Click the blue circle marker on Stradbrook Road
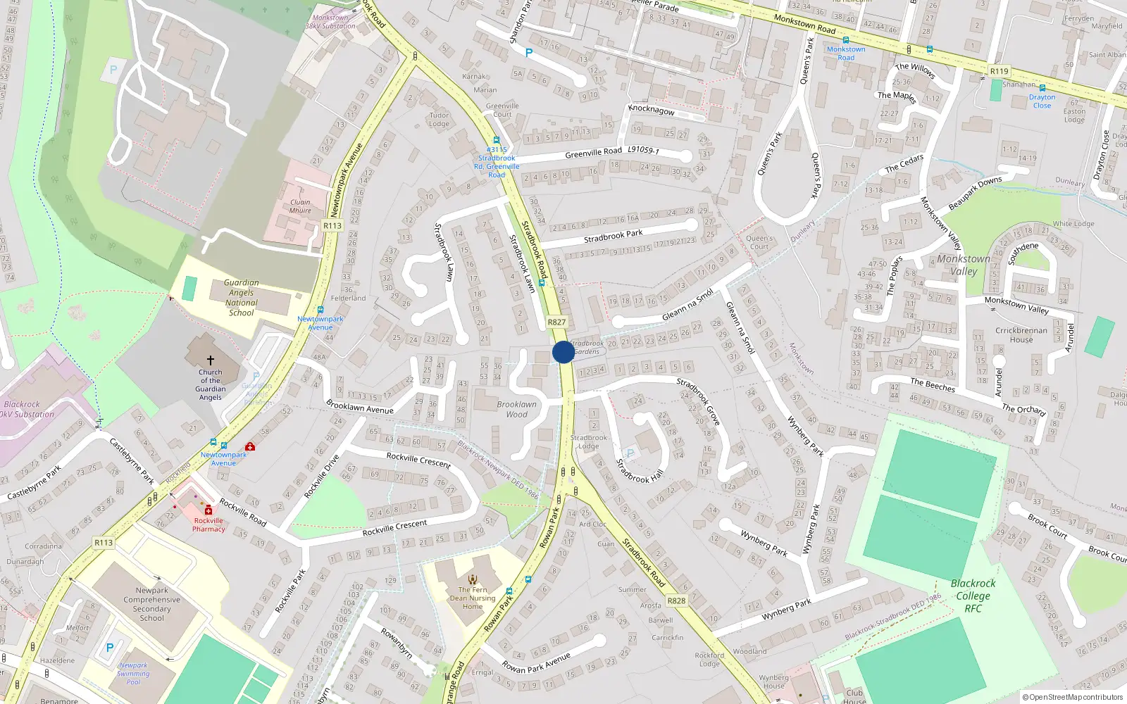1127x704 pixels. pos(563,352)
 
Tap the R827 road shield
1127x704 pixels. pos(556,322)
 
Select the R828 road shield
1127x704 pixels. pos(676,601)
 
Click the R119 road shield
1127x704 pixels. pos(999,71)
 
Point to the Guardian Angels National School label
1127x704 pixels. pos(241,298)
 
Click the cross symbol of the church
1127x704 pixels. pos(210,360)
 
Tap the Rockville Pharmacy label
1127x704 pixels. pos(208,525)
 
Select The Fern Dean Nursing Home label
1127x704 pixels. pos(473,598)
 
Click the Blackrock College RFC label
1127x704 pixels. pos(973,596)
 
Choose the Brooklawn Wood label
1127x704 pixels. pos(516,409)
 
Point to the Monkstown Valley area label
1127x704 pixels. pos(963,265)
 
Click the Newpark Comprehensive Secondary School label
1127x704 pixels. pos(151,604)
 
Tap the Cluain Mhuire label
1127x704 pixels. pos(300,206)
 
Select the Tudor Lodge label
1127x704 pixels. pos(439,120)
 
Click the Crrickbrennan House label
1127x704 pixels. pos(1021,334)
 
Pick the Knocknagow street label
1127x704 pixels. pos(651,110)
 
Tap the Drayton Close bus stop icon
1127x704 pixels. pos(1042,89)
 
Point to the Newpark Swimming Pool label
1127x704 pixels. pos(133,673)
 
